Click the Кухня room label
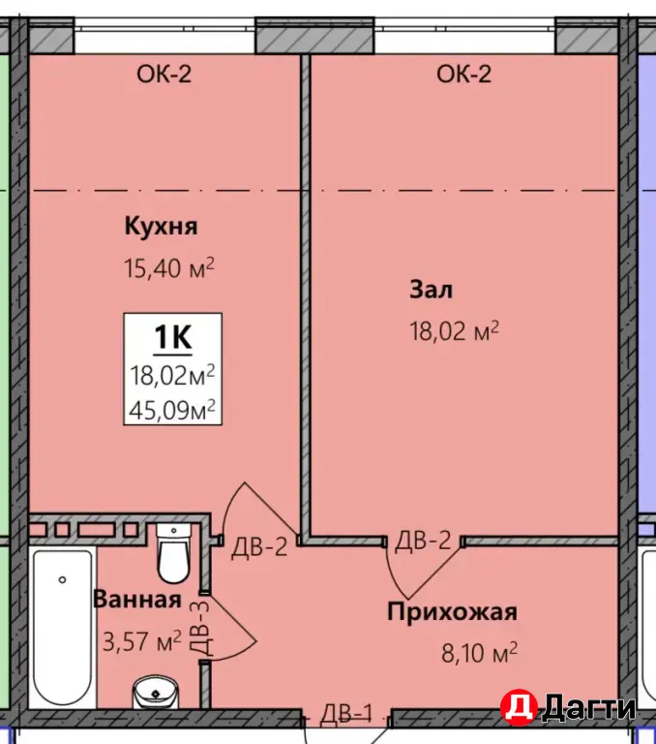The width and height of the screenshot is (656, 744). pos(161,227)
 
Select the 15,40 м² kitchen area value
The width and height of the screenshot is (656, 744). pos(167,268)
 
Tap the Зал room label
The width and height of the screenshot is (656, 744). pos(432,290)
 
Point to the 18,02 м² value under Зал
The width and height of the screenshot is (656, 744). pos(454,332)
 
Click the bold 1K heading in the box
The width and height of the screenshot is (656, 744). pos(173,337)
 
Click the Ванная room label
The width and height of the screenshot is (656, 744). pos(136,600)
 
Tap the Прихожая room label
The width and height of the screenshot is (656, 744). pos(452,611)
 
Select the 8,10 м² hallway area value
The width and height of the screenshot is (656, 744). pos(479,653)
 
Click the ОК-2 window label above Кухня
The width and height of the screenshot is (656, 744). pos(164,74)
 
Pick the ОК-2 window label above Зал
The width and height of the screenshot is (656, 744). pos(464,74)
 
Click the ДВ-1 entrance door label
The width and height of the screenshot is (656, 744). pos(346,713)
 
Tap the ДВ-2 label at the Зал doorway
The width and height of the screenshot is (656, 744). pos(424,542)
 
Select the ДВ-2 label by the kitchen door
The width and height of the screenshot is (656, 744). pos(259,548)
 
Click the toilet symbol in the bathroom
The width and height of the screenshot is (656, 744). pos(175,552)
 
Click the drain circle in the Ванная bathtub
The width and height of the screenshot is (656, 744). pos(62,580)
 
